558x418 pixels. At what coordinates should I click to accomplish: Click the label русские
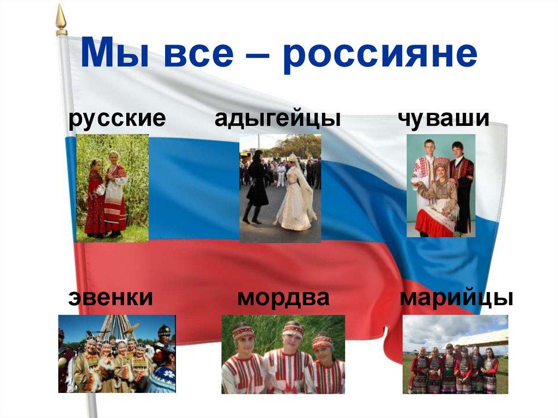pos(117,118)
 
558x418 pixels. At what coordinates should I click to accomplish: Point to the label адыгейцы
pos(277,119)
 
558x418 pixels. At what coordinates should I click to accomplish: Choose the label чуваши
pos(443,118)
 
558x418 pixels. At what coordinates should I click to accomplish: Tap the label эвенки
pos(110,298)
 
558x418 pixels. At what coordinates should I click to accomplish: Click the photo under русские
pos(112,187)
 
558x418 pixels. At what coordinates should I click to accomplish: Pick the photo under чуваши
pos(441,185)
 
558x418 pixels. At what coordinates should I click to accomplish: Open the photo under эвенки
pos(117,354)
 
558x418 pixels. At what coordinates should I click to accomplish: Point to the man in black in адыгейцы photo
pos(256,185)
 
